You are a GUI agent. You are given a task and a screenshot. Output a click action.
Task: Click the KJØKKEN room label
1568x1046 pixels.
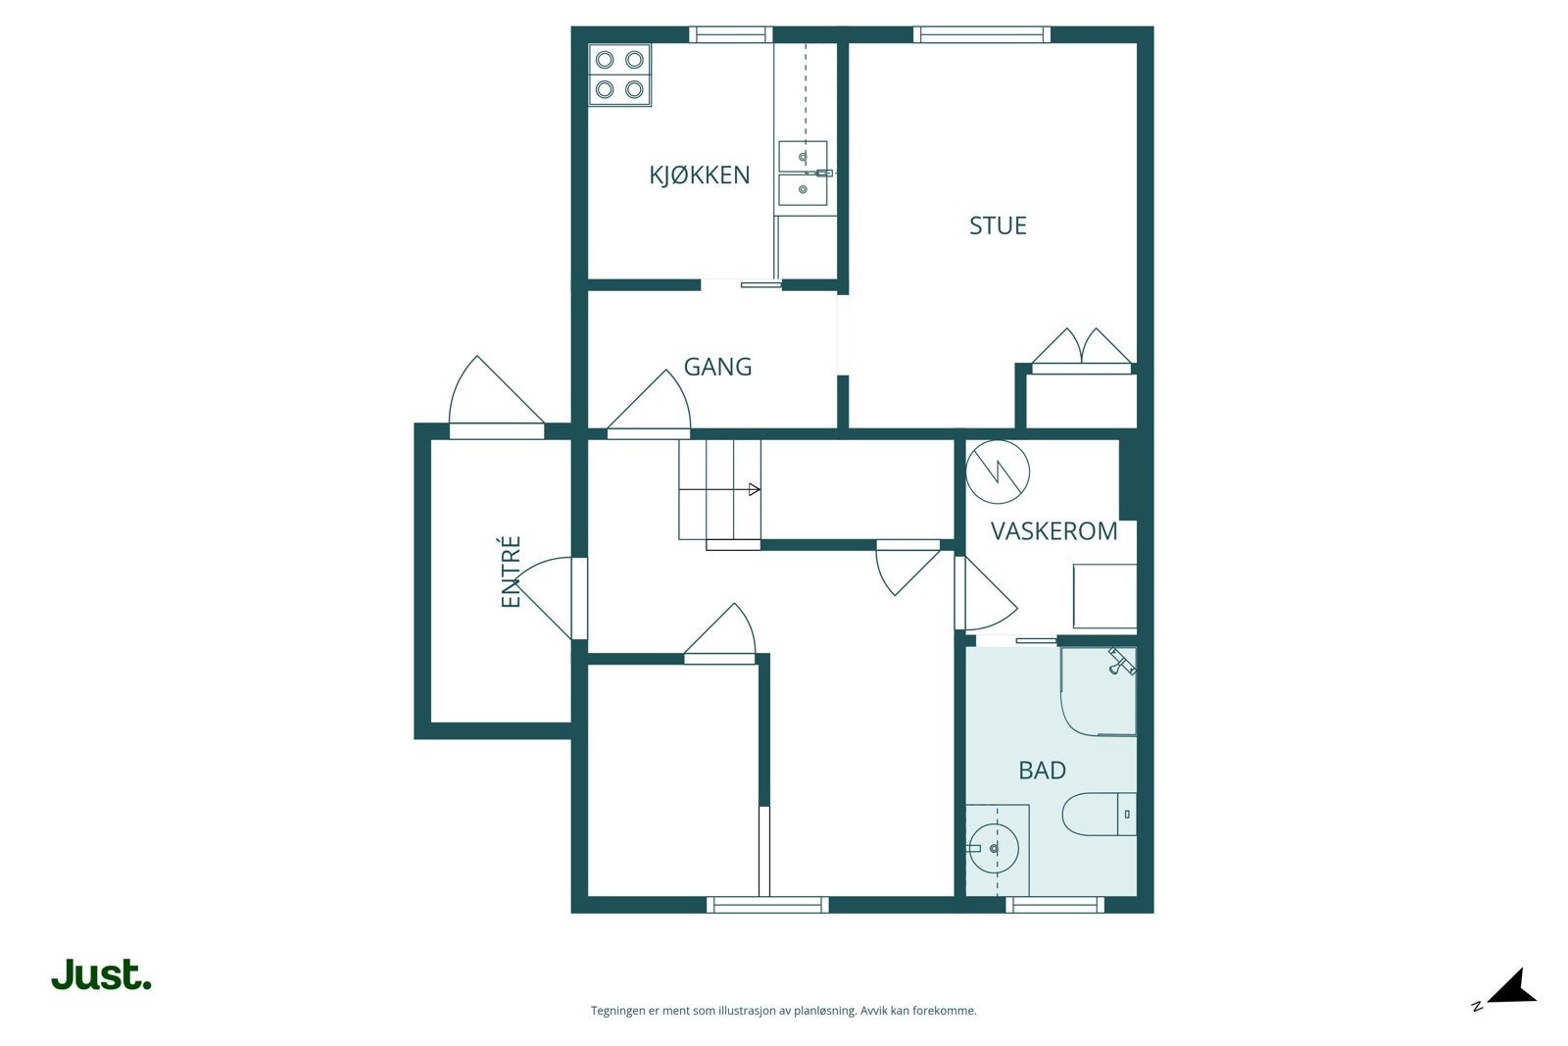(700, 175)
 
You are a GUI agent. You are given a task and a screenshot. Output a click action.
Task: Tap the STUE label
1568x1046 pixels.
(998, 225)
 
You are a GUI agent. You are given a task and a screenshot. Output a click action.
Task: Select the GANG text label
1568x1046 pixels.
(717, 367)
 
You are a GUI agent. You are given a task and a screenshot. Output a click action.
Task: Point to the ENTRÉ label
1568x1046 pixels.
(511, 572)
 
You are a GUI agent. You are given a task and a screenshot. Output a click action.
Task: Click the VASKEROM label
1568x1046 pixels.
(1053, 531)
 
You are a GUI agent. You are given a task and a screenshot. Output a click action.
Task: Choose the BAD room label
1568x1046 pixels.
(1043, 771)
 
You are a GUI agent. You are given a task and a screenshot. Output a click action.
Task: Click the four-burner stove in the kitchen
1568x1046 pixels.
(619, 75)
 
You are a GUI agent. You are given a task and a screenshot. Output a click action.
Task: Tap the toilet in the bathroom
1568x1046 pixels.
(1099, 815)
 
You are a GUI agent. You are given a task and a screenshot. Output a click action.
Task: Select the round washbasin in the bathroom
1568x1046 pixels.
(994, 849)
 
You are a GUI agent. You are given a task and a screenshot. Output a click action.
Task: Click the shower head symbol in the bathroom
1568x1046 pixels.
(1121, 662)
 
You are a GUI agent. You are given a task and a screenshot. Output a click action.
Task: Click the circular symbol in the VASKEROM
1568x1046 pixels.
(998, 472)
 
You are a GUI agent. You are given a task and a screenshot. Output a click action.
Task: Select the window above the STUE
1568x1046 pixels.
(981, 34)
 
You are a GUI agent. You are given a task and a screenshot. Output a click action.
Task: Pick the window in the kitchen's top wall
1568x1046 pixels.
(731, 34)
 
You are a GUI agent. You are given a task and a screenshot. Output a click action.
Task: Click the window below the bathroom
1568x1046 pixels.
(1054, 905)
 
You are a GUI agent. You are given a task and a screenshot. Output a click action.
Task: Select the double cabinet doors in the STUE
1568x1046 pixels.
(1082, 347)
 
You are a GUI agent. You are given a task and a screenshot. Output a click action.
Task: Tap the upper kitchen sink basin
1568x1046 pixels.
(803, 156)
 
